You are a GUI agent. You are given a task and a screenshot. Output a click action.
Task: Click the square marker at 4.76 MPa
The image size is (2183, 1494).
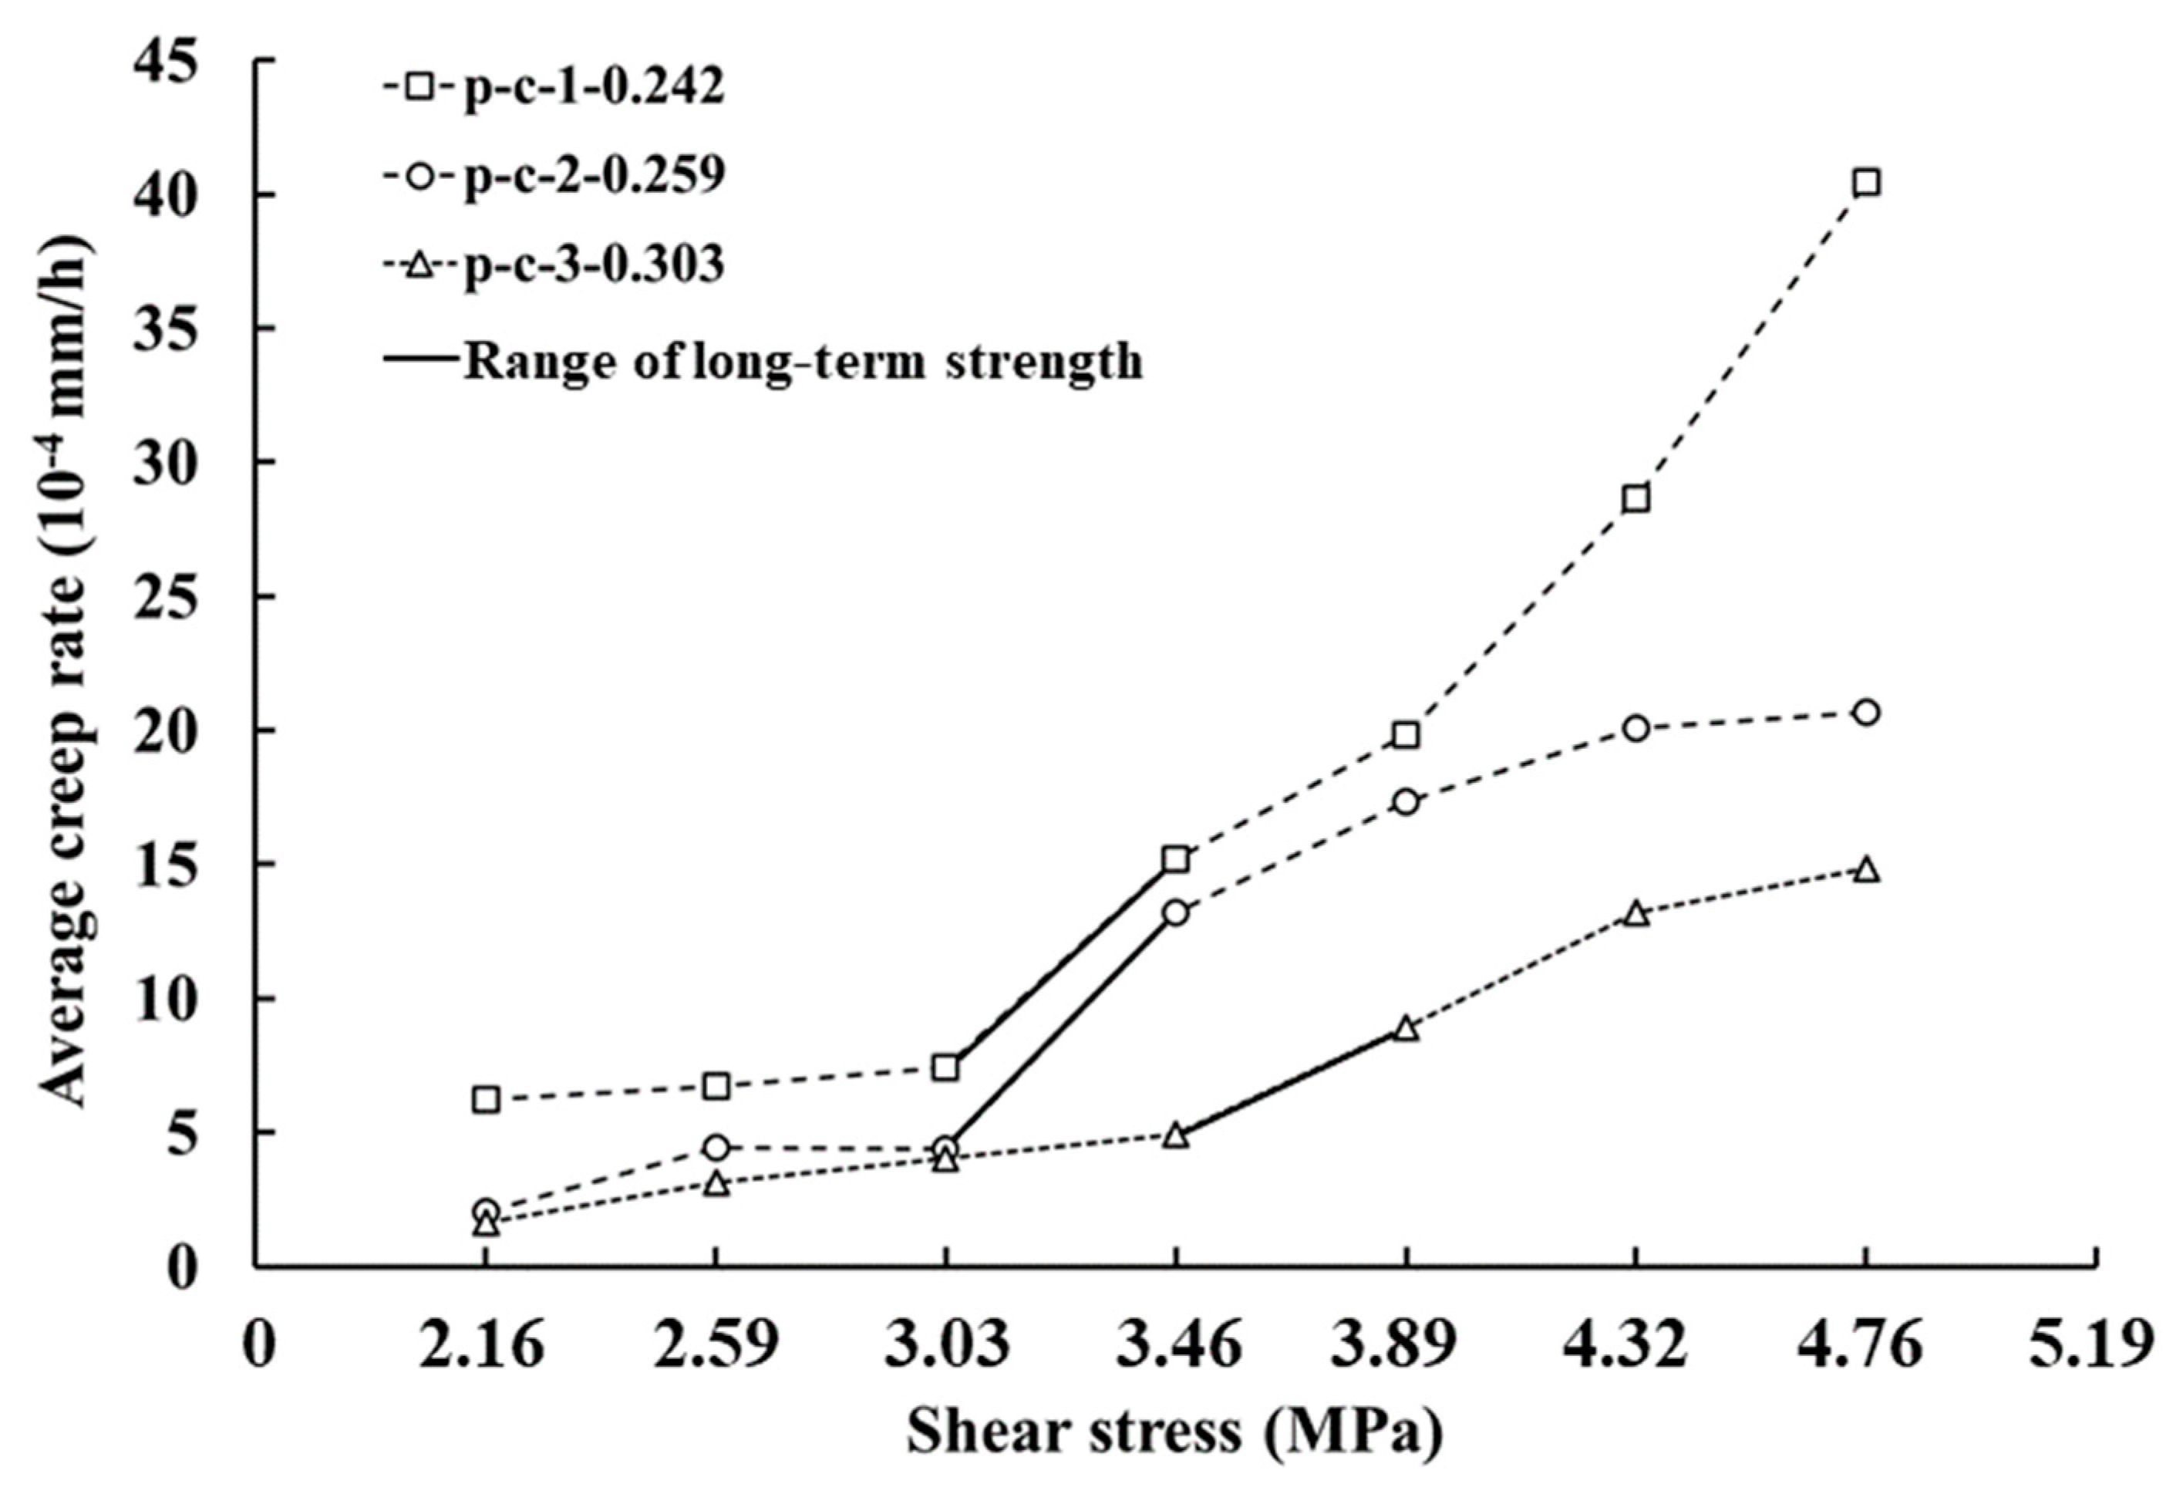(x=1865, y=182)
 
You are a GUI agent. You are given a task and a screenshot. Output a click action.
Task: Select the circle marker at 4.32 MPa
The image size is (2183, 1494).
(x=1636, y=728)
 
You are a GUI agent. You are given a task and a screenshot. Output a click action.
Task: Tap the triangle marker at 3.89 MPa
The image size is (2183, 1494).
(x=1405, y=1029)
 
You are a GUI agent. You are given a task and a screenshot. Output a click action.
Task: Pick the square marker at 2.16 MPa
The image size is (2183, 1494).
(x=486, y=1098)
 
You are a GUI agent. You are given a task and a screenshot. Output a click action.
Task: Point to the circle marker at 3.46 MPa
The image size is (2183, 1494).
(x=1176, y=912)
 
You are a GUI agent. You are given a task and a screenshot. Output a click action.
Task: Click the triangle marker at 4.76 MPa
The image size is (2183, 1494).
(x=1865, y=870)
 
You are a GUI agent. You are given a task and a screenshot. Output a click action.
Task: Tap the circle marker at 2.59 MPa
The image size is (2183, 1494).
(x=716, y=1146)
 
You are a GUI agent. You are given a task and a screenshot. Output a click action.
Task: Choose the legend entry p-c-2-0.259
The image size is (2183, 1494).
(x=554, y=176)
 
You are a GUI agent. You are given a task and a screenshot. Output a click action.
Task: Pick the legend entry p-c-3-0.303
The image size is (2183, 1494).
(x=554, y=266)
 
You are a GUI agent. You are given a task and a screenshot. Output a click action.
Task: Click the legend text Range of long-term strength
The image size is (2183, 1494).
(x=803, y=361)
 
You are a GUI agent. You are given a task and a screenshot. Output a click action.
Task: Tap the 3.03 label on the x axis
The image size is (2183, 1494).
(x=946, y=1346)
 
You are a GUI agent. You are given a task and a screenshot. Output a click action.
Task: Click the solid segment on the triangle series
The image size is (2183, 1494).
(x=1291, y=1081)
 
